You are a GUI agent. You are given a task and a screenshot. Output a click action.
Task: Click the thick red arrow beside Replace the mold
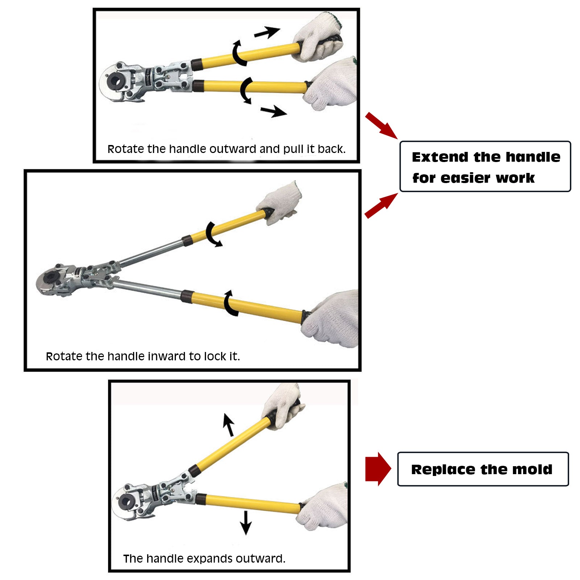pos(378,469)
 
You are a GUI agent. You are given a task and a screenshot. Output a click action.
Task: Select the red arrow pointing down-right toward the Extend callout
pos(381,125)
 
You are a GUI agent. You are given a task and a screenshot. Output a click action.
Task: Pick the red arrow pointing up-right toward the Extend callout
pos(381,206)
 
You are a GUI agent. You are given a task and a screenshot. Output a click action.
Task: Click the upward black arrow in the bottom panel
pos(228,424)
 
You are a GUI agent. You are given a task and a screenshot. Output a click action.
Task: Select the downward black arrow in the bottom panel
pos(246,523)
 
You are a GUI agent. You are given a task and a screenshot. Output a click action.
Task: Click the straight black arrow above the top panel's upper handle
pos(267,32)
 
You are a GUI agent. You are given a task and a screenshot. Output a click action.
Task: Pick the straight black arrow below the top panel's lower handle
pos(274,111)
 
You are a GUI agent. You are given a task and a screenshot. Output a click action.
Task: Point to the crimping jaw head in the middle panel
pos(54,279)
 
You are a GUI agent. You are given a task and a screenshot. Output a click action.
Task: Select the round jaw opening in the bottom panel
pos(127,501)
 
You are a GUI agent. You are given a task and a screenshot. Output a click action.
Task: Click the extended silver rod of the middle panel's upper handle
pos(151,253)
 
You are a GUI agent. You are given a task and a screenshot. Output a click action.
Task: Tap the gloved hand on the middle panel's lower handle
pos(331,319)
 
